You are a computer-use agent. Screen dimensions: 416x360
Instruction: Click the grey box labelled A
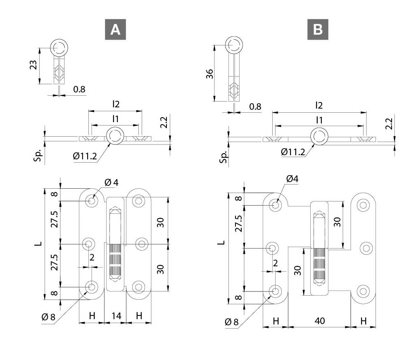115,29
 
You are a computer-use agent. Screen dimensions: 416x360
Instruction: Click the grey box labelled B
318,29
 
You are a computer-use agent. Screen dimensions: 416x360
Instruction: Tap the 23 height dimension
33,65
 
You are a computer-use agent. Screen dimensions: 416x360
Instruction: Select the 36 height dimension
209,74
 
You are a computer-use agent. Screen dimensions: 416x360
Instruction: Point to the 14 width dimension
116,316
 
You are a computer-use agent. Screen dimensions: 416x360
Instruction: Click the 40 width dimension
319,321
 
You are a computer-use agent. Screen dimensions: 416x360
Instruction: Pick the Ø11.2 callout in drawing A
85,156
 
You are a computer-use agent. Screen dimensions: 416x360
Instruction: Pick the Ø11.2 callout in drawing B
293,152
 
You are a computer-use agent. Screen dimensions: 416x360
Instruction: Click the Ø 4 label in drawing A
112,182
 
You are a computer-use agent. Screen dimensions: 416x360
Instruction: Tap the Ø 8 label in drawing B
232,322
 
